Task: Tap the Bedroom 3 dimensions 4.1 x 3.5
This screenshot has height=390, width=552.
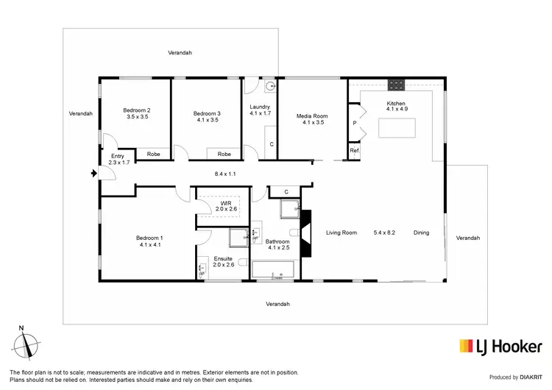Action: click(206, 120)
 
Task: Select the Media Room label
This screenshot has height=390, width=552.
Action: click(312, 116)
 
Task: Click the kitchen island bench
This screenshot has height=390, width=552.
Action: click(397, 128)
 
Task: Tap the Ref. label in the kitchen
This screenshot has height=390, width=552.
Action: click(354, 151)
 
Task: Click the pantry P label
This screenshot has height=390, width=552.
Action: click(354, 124)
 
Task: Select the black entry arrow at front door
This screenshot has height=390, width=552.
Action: click(93, 174)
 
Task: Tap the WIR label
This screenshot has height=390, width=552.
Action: click(226, 202)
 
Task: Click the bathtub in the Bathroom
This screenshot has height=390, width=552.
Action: click(273, 273)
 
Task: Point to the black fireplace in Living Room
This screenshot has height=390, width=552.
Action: click(306, 233)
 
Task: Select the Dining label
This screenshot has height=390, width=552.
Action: click(420, 233)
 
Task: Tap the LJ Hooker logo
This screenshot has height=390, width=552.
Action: click(500, 346)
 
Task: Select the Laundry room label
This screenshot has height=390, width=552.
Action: click(261, 107)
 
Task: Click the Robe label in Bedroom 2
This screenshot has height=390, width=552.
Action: click(153, 154)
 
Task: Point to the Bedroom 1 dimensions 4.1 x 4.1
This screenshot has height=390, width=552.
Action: click(149, 244)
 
